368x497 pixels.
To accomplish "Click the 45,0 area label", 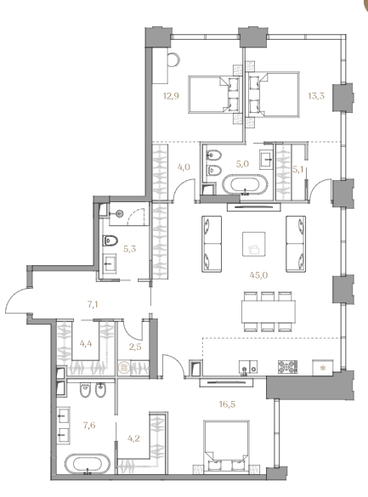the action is (258, 275).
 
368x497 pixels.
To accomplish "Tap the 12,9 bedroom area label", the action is (171, 96).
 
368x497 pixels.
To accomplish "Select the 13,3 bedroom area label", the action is (316, 96).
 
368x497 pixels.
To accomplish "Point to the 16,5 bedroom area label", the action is (227, 404).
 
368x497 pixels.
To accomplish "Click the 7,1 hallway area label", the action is (93, 305).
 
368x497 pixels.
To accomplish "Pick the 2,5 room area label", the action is (135, 347).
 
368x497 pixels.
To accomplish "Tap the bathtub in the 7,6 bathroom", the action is (88, 464).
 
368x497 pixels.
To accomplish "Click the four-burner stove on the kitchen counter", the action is (288, 367).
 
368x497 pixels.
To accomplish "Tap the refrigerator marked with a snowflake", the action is (323, 368).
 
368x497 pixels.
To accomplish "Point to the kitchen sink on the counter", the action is (248, 368).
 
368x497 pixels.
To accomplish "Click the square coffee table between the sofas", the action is (254, 244).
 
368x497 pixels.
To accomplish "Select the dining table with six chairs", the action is (269, 311).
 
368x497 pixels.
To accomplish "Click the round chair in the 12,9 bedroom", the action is (173, 59).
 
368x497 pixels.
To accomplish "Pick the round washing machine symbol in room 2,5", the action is (122, 368).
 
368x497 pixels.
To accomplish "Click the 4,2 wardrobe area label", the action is (133, 438).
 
